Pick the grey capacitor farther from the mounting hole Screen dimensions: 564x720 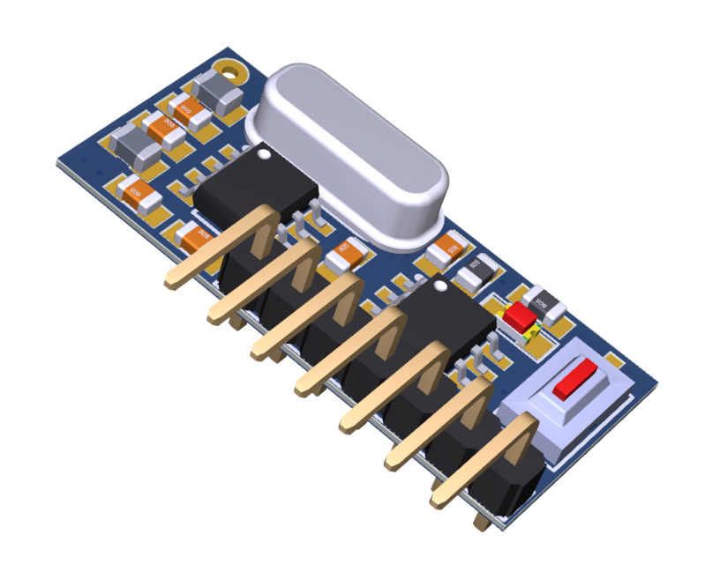(136, 145)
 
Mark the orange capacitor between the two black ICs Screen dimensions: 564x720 (345, 254)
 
